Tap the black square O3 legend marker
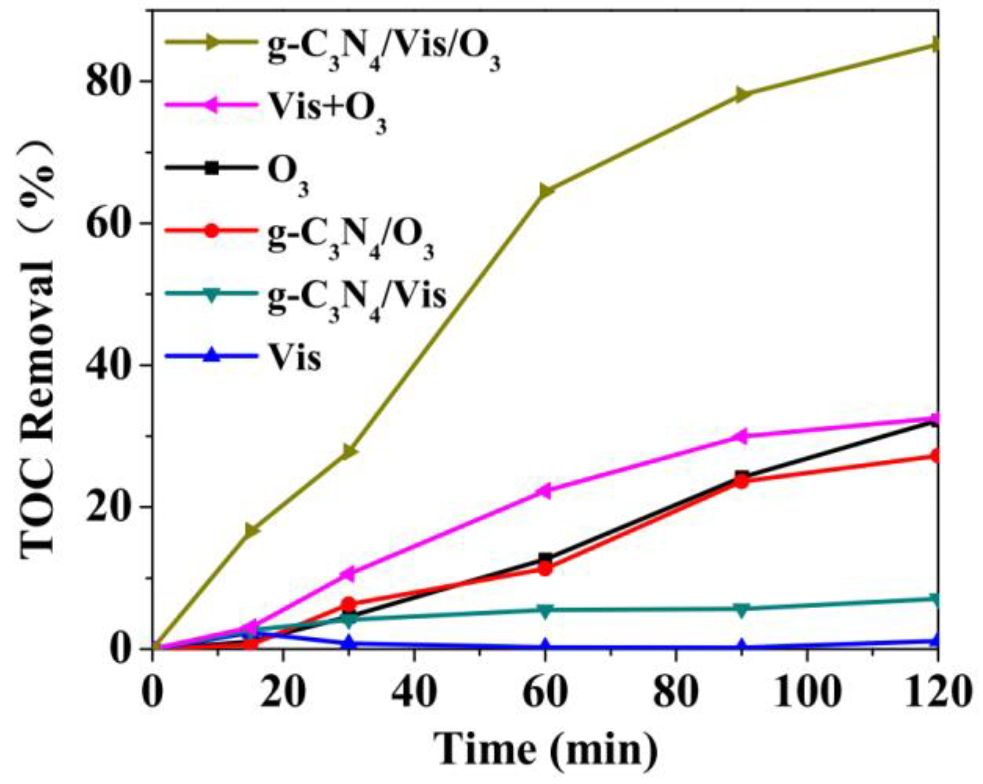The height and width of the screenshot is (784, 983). click(x=212, y=168)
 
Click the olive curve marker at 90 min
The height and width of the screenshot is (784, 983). click(x=742, y=95)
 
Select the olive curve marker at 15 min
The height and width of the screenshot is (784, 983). click(x=251, y=531)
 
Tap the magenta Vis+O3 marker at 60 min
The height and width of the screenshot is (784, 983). click(x=544, y=491)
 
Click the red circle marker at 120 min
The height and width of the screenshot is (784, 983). click(x=936, y=456)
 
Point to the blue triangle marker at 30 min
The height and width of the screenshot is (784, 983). click(x=349, y=643)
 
